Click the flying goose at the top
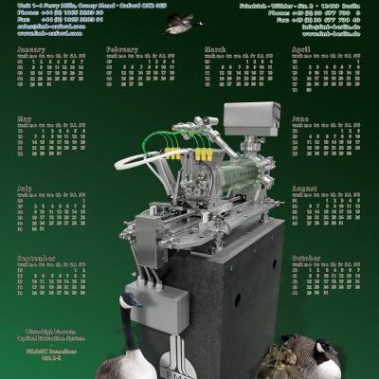pos(177,26)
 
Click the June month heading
pos(300,118)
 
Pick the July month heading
pos(25,188)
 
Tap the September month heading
pos(36,258)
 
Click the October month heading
pos(306,258)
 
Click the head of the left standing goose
pos(131,301)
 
